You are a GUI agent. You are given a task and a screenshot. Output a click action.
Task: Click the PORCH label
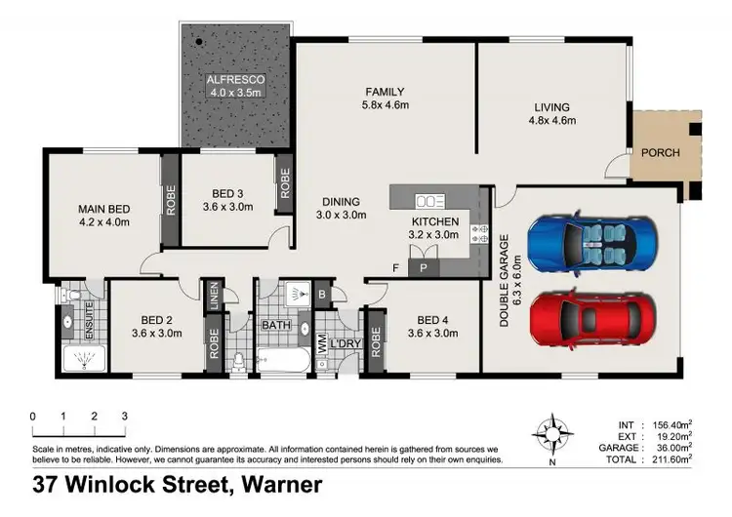[x=660, y=152]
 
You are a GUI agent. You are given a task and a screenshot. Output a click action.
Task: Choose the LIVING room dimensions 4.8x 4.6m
[x=553, y=121]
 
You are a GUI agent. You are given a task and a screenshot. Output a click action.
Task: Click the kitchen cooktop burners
[x=478, y=232]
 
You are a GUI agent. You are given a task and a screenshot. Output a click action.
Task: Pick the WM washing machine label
[x=321, y=343]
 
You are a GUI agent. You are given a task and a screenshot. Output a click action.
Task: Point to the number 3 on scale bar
[x=124, y=417]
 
